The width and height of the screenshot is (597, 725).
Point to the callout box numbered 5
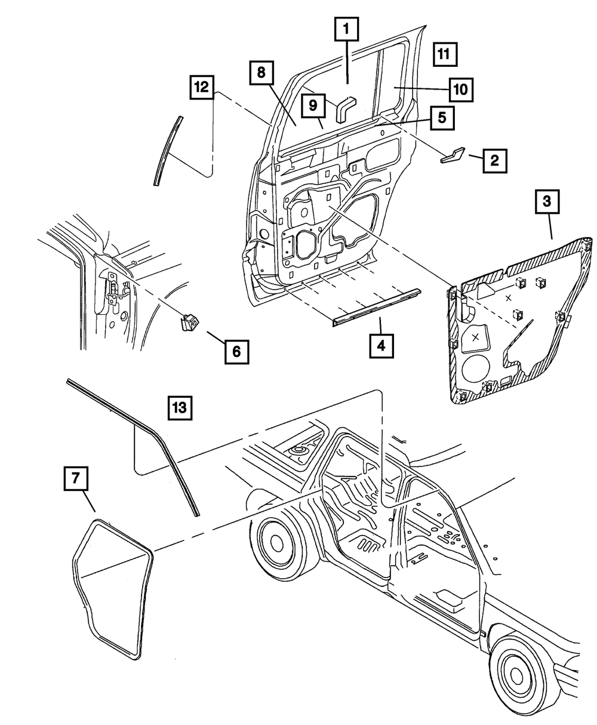tap(441, 118)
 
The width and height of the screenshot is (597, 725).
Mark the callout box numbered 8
tap(261, 74)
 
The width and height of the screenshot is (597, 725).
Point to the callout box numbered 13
tap(179, 409)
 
